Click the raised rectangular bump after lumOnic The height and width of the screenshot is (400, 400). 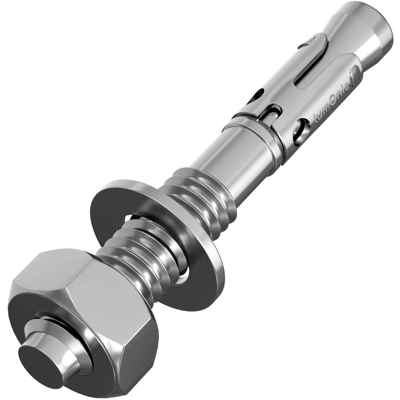[352, 79]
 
